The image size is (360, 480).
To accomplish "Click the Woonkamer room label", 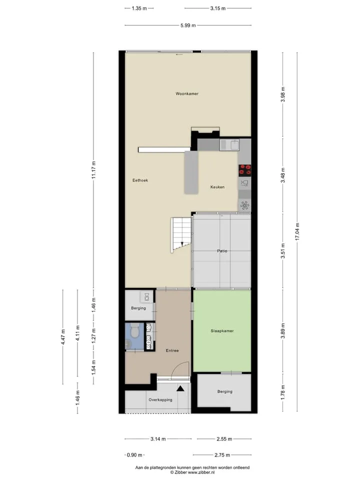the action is [x=186, y=93].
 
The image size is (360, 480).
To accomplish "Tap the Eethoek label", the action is [x=140, y=180].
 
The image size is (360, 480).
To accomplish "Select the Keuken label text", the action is [x=217, y=186].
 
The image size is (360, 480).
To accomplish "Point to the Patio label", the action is [x=222, y=250].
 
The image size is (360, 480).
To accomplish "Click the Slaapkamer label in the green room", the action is [x=222, y=331].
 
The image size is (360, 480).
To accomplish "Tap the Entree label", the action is [x=172, y=350].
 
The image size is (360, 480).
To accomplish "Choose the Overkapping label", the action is [x=160, y=400].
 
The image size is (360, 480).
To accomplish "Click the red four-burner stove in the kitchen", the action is [x=245, y=170].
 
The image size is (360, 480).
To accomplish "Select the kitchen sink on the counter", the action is [x=229, y=145].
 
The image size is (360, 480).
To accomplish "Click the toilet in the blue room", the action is [x=134, y=330].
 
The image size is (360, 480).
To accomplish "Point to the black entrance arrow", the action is [x=180, y=388].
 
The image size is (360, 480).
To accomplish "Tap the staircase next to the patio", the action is [x=181, y=235].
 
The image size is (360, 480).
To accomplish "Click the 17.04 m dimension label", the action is [x=297, y=231].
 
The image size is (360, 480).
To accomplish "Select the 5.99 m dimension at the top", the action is [x=188, y=25].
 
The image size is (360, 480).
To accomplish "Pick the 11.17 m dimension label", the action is [x=93, y=170].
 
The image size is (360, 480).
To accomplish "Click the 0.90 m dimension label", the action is [x=134, y=455].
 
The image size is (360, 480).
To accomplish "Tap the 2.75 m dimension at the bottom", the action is [x=222, y=455].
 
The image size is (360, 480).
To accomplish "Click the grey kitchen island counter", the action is [x=191, y=172].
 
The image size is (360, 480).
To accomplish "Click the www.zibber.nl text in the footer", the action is [x=201, y=472].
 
